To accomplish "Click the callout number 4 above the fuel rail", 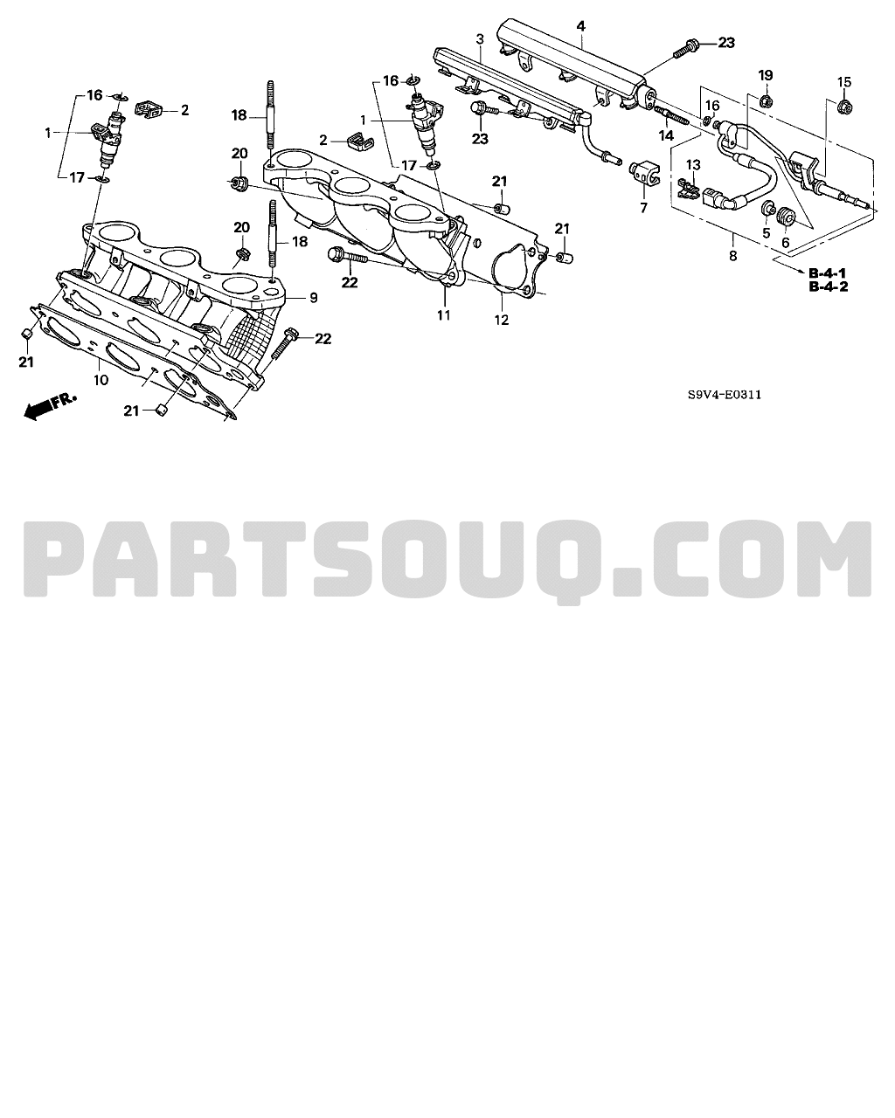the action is (x=581, y=26).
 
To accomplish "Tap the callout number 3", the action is (x=480, y=39).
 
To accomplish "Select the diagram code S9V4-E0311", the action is (x=725, y=395).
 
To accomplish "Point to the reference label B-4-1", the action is (x=828, y=273).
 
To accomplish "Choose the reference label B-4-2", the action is (x=829, y=286).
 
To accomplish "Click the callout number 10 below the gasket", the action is (x=101, y=380).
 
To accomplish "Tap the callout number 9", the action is (x=313, y=298).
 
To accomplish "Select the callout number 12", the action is (x=502, y=321).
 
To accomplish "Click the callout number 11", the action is (x=443, y=314).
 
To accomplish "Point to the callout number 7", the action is (x=644, y=208).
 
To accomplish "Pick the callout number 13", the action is (x=693, y=165).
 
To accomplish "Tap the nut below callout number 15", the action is (x=845, y=107).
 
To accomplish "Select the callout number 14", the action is (x=666, y=135).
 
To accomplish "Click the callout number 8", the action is (x=732, y=256).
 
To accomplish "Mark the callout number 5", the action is (x=766, y=232).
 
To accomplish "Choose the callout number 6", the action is (x=785, y=243).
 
